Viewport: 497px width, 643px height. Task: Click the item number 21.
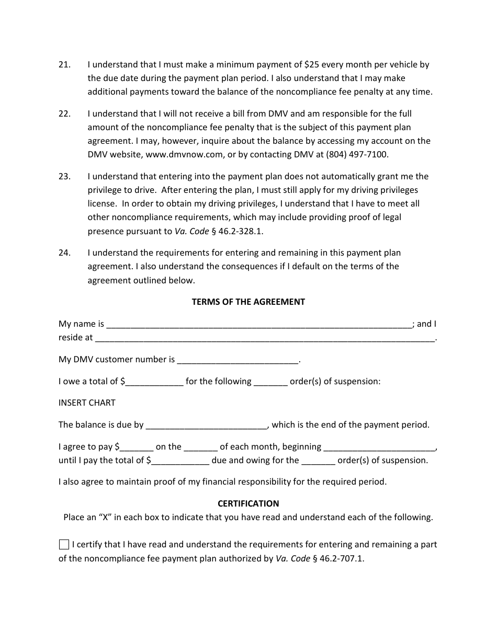(64, 65)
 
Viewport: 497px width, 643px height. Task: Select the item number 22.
(64, 113)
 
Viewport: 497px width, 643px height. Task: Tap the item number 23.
(64, 177)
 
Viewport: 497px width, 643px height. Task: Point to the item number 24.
(64, 253)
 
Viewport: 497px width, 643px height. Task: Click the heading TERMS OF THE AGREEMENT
(248, 302)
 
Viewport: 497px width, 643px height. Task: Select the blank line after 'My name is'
(259, 325)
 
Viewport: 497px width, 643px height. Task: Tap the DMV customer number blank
(238, 361)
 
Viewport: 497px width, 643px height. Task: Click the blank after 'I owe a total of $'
(154, 383)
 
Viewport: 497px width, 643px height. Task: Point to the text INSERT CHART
(87, 403)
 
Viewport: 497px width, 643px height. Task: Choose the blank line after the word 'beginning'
(379, 448)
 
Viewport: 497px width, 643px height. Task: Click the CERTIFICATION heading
(248, 503)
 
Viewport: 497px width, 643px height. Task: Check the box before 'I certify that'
(64, 545)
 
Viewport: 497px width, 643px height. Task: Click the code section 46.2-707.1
(339, 558)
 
